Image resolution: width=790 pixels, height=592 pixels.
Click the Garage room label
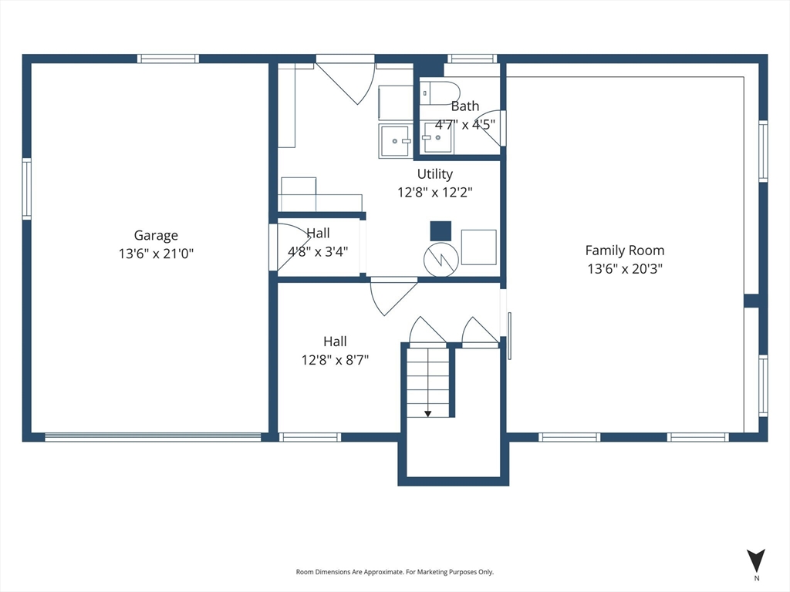[x=156, y=236]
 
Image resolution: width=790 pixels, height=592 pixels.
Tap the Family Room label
[x=625, y=251]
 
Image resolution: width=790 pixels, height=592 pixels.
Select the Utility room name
[x=435, y=174]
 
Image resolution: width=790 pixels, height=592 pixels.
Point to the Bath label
[x=464, y=106]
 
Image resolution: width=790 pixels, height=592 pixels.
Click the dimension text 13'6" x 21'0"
[x=156, y=253]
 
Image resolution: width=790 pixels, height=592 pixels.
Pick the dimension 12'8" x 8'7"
[x=335, y=360]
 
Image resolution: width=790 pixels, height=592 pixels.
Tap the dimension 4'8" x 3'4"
[x=318, y=251]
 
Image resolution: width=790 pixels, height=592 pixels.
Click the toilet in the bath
[x=441, y=93]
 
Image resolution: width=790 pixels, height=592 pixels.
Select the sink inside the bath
[x=437, y=137]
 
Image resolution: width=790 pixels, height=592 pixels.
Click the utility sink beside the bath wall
[x=396, y=140]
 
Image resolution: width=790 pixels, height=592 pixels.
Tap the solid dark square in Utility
[x=441, y=231]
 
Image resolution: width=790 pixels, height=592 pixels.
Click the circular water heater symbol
[x=441, y=260]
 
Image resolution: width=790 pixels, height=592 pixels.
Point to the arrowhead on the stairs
[x=427, y=414]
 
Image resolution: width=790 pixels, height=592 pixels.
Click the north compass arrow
[x=756, y=560]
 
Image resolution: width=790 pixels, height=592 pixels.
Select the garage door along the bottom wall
[x=154, y=437]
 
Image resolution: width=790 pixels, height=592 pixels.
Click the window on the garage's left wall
[x=27, y=189]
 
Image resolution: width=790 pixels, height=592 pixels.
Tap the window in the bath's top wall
[x=472, y=59]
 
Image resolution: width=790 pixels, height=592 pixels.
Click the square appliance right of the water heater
[x=478, y=247]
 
